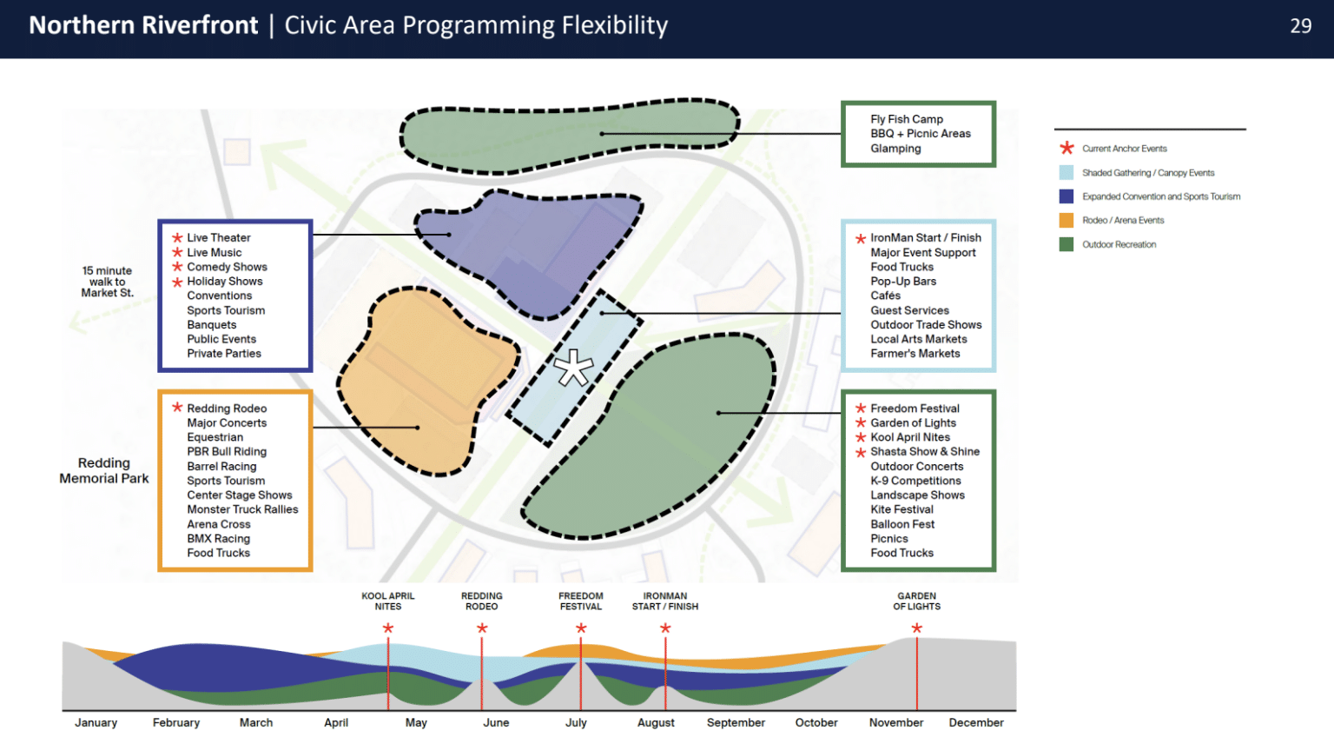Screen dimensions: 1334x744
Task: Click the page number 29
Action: [1301, 25]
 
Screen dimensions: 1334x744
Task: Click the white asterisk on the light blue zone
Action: [573, 368]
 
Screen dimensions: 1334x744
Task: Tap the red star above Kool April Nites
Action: [387, 628]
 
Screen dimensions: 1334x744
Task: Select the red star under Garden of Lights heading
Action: [916, 628]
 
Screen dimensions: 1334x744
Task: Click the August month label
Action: [656, 722]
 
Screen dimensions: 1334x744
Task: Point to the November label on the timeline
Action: [895, 722]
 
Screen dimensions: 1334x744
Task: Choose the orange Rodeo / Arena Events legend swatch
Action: [1066, 220]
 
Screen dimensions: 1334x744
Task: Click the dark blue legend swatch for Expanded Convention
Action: [1066, 196]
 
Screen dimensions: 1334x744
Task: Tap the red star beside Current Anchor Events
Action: [1067, 148]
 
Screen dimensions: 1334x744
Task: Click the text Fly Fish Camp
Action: [907, 119]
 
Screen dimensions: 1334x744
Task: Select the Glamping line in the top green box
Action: [895, 149]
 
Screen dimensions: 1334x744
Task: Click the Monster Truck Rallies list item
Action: [242, 509]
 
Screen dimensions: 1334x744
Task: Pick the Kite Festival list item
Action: [901, 509]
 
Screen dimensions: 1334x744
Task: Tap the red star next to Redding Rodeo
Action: [177, 408]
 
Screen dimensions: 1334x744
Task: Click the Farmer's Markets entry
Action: [915, 354]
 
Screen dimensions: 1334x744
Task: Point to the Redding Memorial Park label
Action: [103, 470]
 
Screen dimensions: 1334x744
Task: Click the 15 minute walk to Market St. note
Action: [107, 282]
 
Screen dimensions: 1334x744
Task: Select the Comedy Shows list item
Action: [227, 267]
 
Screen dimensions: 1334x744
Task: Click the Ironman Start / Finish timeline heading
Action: [664, 601]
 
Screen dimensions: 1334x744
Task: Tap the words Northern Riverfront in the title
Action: [143, 25]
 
